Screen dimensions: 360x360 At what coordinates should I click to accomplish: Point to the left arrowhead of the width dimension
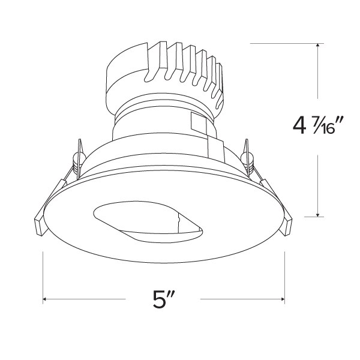coord(46,299)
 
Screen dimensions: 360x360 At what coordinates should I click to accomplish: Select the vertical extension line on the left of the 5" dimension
coord(43,276)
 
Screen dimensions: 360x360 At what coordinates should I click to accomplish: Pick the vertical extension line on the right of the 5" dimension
coord(284,276)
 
